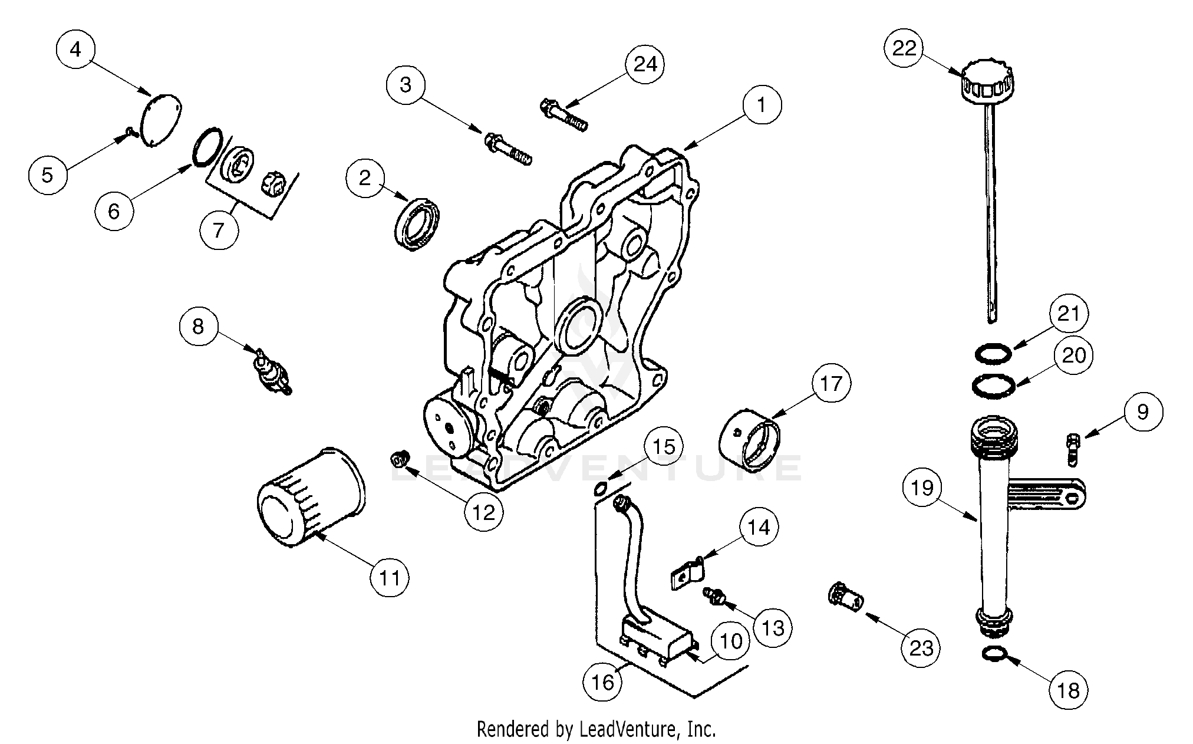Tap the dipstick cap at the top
point(987,84)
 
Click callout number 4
point(75,49)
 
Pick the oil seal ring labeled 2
point(417,225)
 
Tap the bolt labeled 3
point(507,149)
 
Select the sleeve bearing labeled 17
point(749,439)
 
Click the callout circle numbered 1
point(762,105)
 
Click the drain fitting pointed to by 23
point(845,604)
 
